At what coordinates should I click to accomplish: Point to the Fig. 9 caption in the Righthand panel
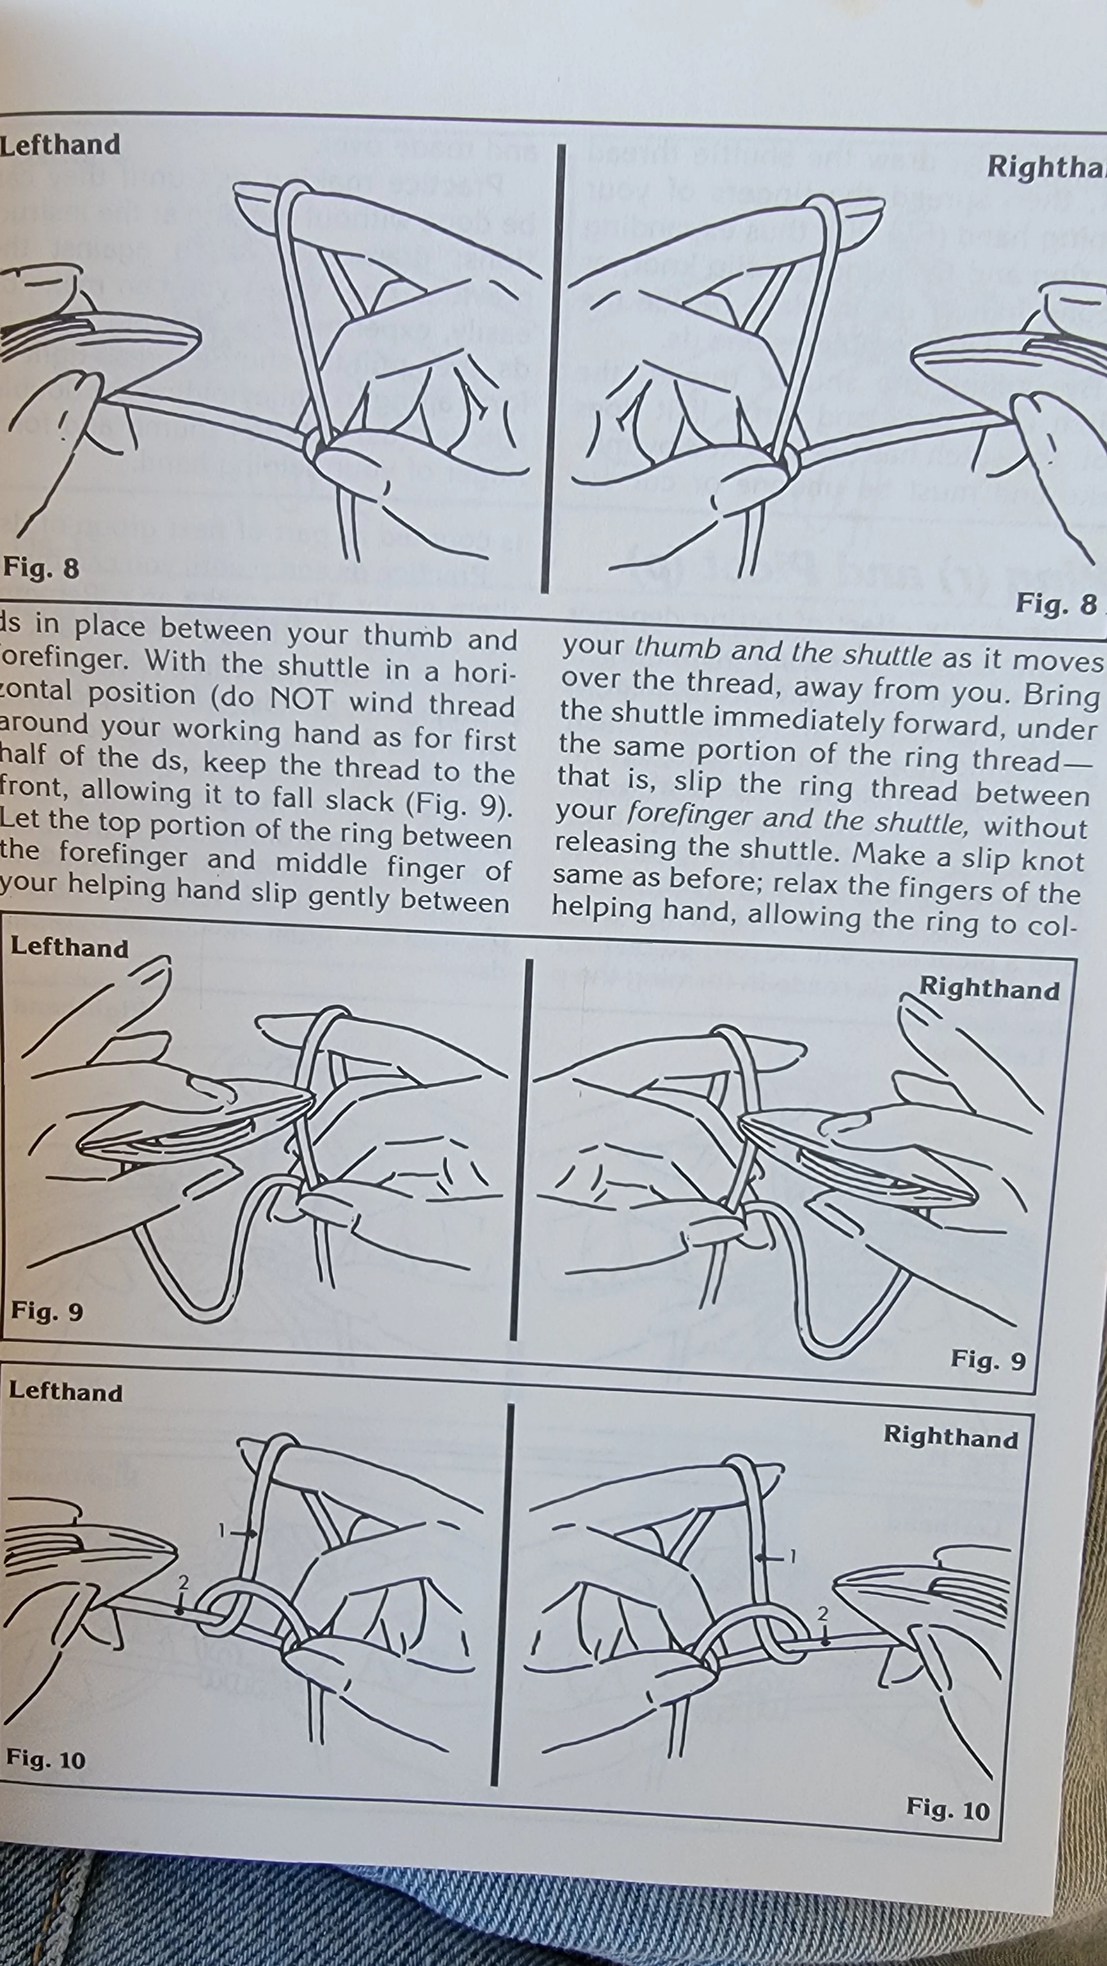click(x=988, y=1359)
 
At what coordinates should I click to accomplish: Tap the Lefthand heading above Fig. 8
click(x=59, y=145)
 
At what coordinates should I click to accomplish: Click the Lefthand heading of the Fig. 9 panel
click(x=69, y=948)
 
